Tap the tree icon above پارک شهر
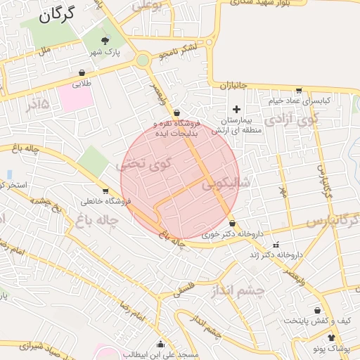105,40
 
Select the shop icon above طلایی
82,72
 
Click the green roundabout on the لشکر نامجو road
143,60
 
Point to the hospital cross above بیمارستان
237,109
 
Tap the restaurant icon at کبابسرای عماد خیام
299,90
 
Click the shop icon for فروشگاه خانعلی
105,191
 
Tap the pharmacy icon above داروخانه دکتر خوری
232,223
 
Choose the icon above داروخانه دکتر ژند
276,244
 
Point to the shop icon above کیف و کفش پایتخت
318,309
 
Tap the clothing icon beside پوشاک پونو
332,337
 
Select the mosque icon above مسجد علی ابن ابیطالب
161,344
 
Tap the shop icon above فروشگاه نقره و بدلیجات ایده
176,112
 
